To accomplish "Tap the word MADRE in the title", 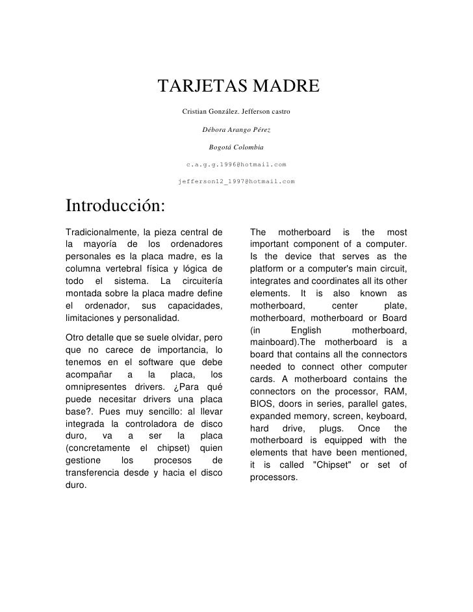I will point(283,86).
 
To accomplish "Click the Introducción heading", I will point(115,206).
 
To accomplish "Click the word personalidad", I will point(151,318).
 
